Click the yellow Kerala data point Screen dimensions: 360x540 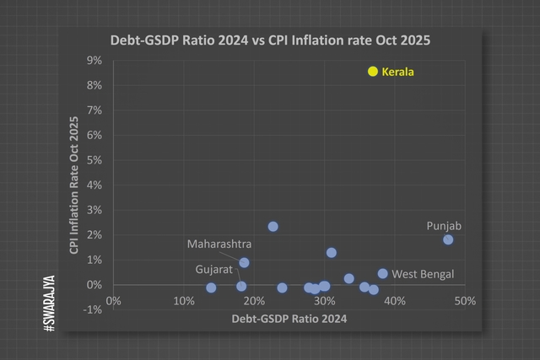[373, 72]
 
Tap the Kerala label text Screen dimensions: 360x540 [398, 73]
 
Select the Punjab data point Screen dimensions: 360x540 [448, 239]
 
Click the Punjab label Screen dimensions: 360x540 [444, 226]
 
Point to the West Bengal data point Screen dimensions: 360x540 [382, 273]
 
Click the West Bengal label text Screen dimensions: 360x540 [424, 274]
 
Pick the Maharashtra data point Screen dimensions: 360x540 [245, 262]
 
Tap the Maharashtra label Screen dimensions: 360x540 [219, 244]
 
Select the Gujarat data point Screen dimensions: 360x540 [241, 286]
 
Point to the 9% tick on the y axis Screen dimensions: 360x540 [94, 61]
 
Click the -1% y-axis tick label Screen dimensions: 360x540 [93, 309]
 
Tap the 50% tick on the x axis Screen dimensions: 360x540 [464, 301]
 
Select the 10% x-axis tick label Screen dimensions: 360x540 [184, 301]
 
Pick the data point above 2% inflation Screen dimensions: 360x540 [273, 226]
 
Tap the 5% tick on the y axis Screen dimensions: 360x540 [94, 160]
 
